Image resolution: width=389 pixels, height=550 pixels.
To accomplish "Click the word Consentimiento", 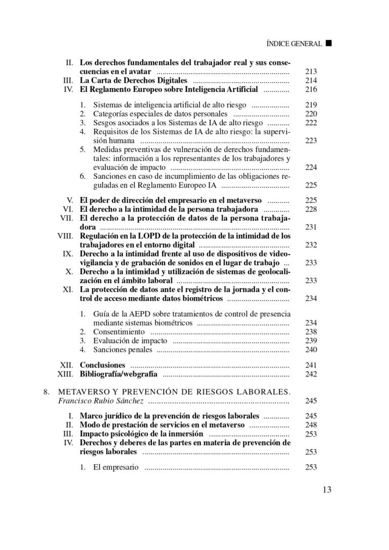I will [x=118, y=332].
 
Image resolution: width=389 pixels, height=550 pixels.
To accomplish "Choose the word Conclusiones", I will [x=102, y=365].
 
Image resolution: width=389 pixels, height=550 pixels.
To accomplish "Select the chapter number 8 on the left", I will [x=46, y=391].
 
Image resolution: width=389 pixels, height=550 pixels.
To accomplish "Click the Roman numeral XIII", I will [x=65, y=374].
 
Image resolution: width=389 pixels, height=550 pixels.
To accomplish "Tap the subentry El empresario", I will [x=116, y=467].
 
